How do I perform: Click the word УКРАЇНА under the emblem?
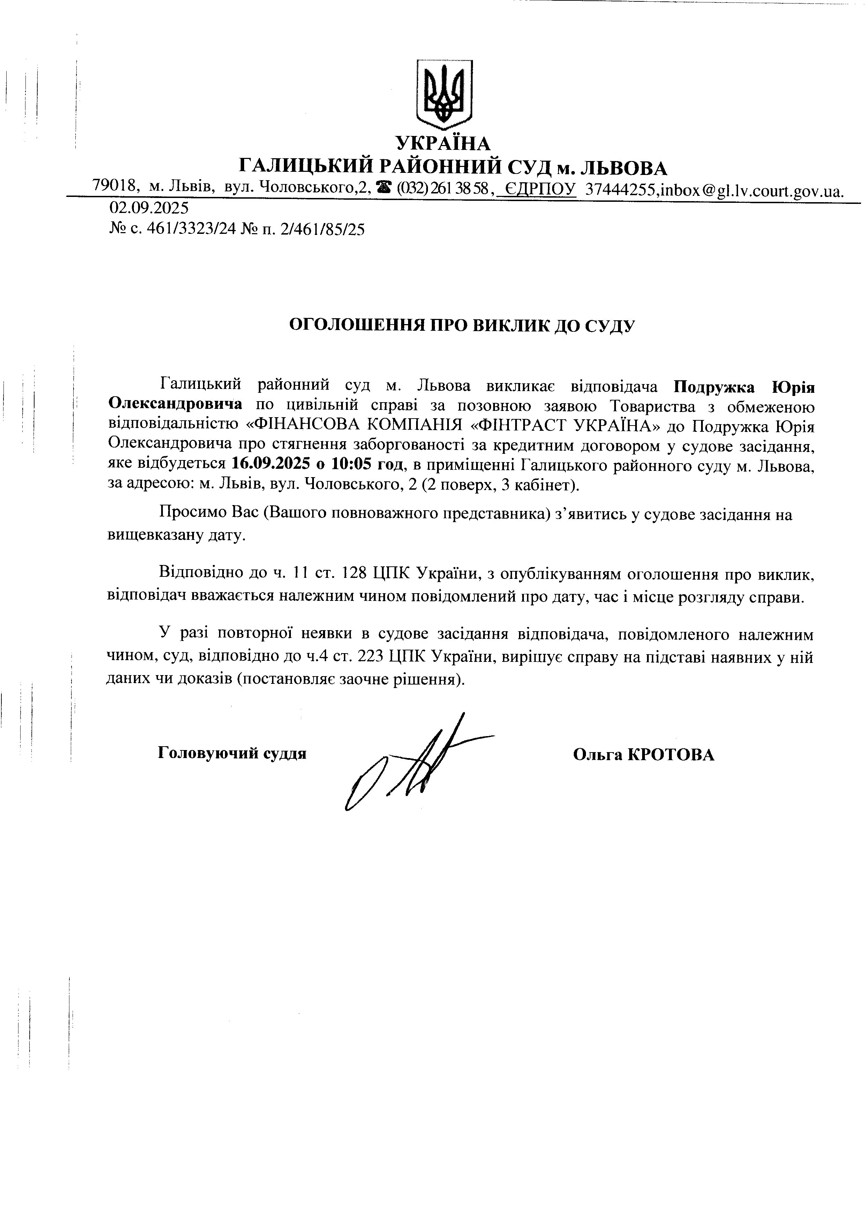pos(443,143)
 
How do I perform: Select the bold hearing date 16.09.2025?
pos(271,464)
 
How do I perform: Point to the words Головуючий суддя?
pos(232,754)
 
